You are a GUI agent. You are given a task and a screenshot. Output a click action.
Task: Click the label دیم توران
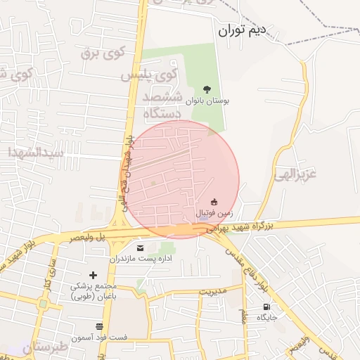click(243, 30)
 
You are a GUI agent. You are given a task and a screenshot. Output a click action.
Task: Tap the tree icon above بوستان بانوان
click(207, 89)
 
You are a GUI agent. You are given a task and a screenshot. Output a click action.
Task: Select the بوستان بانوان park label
click(207, 101)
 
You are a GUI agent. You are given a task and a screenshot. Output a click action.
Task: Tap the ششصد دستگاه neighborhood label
click(162, 104)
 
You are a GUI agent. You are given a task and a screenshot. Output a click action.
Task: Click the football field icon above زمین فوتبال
click(214, 202)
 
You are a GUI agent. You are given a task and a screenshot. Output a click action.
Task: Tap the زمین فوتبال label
click(212, 212)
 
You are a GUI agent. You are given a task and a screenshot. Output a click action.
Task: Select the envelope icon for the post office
click(140, 247)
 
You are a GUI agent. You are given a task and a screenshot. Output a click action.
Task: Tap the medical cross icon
click(94, 275)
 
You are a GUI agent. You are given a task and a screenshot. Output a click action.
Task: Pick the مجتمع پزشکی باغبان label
click(94, 291)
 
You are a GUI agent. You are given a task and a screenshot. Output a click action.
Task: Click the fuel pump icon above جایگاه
click(266, 307)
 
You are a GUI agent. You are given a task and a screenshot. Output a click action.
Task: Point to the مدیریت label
click(214, 290)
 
